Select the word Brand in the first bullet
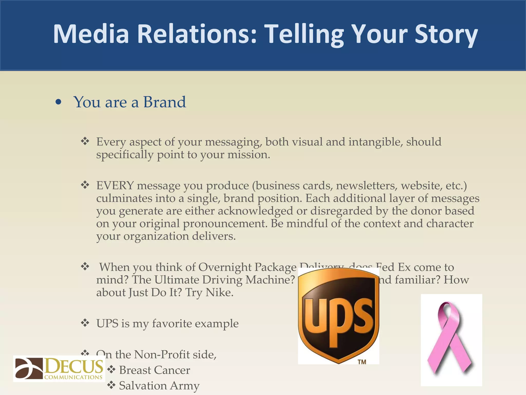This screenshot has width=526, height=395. (164, 102)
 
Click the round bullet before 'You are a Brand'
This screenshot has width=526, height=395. (59, 102)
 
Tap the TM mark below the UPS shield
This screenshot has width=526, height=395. (362, 362)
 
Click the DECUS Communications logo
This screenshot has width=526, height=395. (59, 369)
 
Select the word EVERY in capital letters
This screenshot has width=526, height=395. (115, 185)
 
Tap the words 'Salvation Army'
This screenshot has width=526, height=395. (159, 385)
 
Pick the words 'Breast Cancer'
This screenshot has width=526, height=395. (155, 370)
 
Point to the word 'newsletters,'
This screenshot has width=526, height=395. (367, 185)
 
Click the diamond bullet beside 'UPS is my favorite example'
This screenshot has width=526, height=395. (85, 322)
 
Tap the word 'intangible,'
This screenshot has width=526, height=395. (375, 142)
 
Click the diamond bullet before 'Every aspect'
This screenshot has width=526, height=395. (85, 141)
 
